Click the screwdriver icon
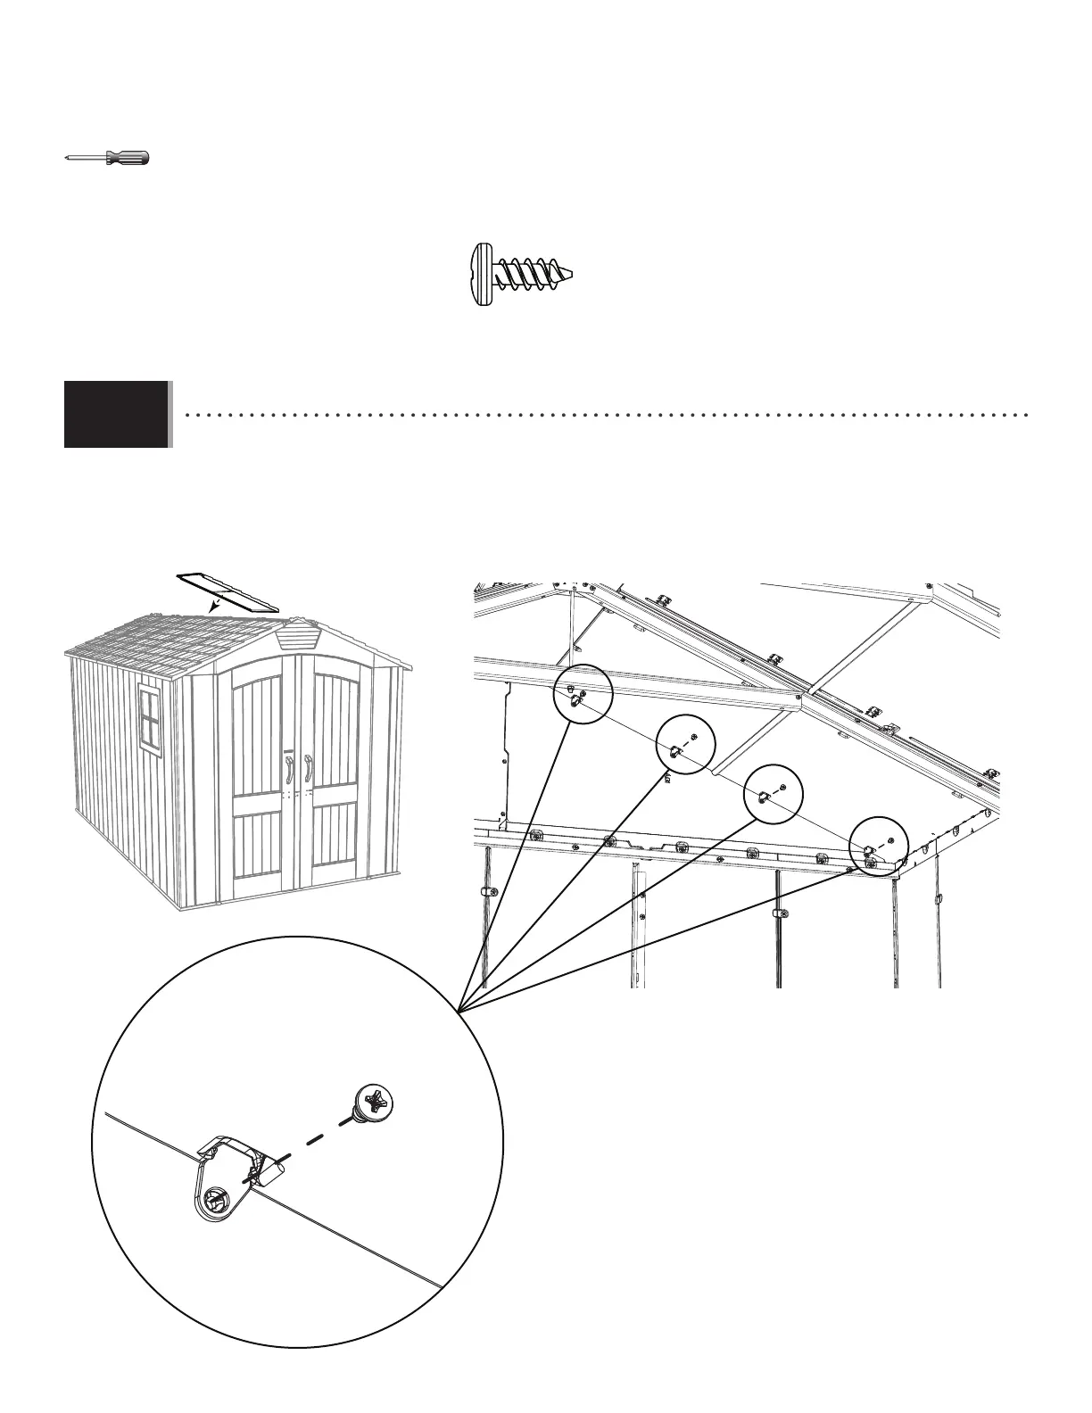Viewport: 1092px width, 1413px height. [x=107, y=158]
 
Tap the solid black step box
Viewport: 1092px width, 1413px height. [x=116, y=413]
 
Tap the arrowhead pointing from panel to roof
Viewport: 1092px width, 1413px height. [x=212, y=607]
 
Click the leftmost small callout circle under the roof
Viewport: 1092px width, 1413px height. [x=583, y=693]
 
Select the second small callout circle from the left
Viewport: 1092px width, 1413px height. [x=685, y=745]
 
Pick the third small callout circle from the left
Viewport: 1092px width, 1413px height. [x=773, y=793]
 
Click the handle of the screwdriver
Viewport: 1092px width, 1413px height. [x=128, y=158]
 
